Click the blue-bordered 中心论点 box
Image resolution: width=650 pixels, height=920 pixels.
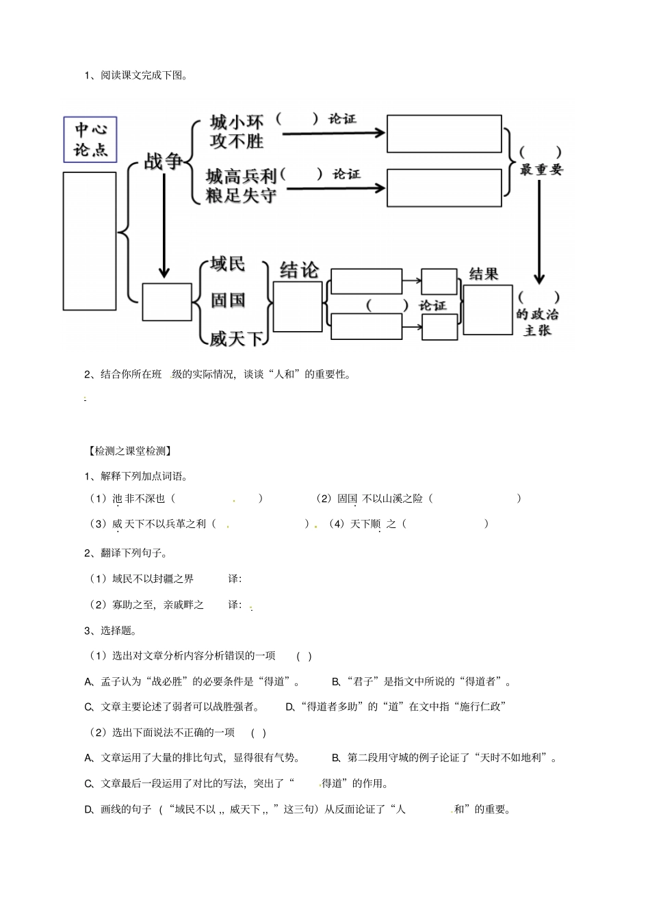(90, 140)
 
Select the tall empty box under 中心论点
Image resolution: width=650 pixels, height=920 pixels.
(90, 241)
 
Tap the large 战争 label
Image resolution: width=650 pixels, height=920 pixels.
(164, 161)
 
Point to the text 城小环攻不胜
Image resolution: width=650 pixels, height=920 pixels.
(237, 132)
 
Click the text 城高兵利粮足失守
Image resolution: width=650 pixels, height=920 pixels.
(241, 186)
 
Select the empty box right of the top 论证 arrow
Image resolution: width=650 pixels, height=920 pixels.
(444, 133)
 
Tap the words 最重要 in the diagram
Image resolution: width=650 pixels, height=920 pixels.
(541, 170)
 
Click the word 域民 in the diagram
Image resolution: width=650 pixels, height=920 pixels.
(228, 264)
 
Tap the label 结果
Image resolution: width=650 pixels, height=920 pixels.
(483, 274)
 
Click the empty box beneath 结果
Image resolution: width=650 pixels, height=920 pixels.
(487, 310)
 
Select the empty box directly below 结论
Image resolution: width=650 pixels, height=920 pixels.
(298, 306)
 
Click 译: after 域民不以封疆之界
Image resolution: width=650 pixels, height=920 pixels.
(235, 579)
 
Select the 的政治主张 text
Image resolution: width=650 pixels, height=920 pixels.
(538, 322)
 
